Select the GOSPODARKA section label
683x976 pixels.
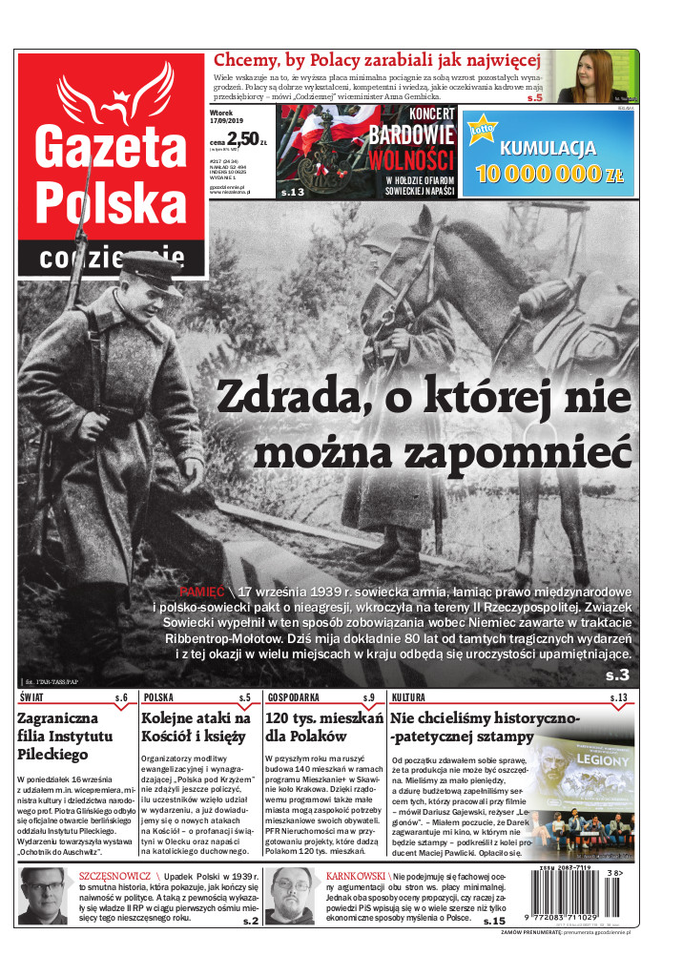(x=294, y=698)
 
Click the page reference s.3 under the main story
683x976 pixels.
(x=618, y=675)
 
